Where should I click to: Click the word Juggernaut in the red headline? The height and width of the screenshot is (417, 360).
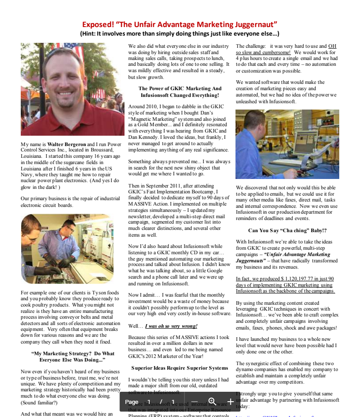point(254,24)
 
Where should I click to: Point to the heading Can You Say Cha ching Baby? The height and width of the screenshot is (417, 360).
point(287,230)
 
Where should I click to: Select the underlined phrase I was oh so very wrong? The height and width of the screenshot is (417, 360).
point(171,325)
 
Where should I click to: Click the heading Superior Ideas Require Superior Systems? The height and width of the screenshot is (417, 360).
point(180,368)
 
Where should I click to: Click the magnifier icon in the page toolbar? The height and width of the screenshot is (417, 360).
point(212,401)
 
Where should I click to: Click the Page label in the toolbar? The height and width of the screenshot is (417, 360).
point(131,402)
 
